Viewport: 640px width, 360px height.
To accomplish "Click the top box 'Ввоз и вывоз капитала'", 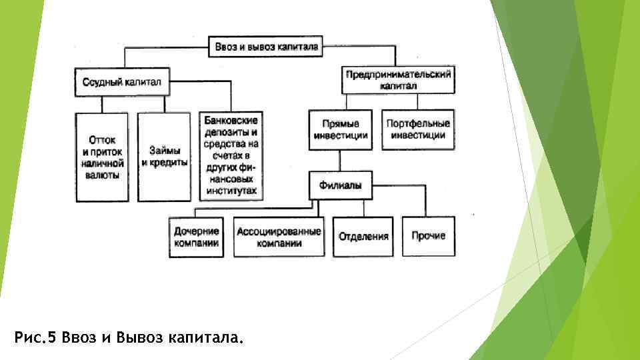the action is [267, 47].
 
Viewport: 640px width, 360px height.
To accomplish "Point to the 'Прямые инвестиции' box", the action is [340, 129].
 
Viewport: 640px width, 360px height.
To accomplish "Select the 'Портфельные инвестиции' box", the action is [417, 129].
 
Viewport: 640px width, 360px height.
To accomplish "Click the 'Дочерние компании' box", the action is [196, 237].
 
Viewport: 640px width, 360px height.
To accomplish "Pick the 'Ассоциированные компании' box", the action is [279, 237].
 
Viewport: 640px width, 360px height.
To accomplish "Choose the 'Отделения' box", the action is [363, 237].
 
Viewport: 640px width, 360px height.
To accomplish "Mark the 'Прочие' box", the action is [428, 236].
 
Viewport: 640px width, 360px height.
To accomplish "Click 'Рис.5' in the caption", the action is [35, 338].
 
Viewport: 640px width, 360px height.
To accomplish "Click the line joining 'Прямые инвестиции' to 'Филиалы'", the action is [340, 161].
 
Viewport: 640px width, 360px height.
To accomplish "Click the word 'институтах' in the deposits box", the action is [231, 190].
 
